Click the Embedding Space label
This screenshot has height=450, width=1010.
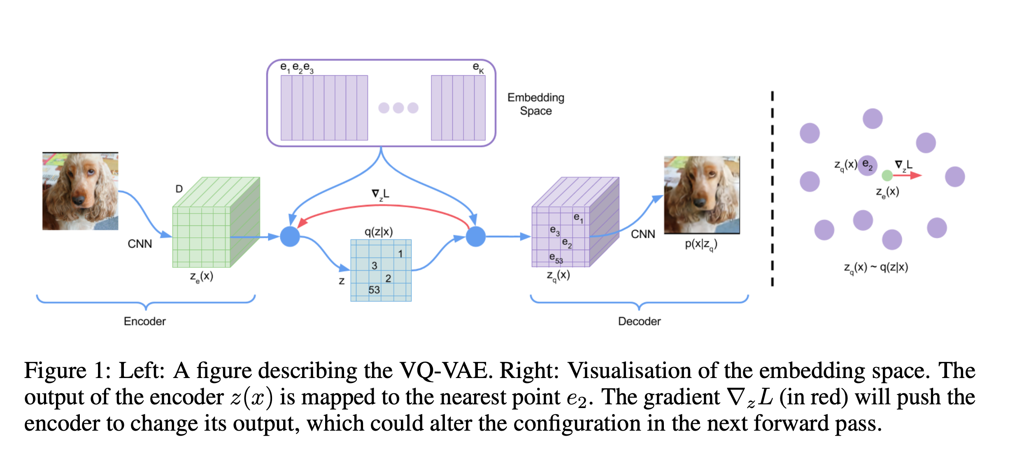pyautogui.click(x=535, y=104)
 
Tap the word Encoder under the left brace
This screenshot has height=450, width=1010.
pyautogui.click(x=144, y=321)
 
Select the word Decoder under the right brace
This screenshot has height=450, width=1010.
pyautogui.click(x=639, y=321)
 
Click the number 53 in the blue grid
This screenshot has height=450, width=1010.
pyautogui.click(x=374, y=290)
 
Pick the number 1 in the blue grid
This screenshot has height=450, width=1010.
pyautogui.click(x=400, y=254)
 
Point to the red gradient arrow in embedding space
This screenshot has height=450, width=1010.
pyautogui.click(x=908, y=176)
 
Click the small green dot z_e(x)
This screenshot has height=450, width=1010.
pyautogui.click(x=887, y=176)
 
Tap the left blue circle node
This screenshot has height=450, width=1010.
pyautogui.click(x=290, y=237)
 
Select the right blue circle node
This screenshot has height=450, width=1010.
pyautogui.click(x=475, y=237)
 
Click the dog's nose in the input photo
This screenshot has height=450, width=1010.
pyautogui.click(x=78, y=200)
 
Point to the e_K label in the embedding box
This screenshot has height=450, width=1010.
pyautogui.click(x=478, y=67)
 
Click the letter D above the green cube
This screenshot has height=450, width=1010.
pyautogui.click(x=179, y=189)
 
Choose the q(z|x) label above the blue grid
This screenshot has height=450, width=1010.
pyautogui.click(x=379, y=232)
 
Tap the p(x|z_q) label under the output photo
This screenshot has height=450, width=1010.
pyautogui.click(x=701, y=244)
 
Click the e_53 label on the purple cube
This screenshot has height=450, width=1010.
pyautogui.click(x=556, y=258)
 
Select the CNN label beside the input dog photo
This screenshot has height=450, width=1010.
pyautogui.click(x=140, y=244)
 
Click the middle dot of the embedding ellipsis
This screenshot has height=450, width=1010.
pyautogui.click(x=398, y=108)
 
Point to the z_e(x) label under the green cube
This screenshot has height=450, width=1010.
pyautogui.click(x=201, y=276)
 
